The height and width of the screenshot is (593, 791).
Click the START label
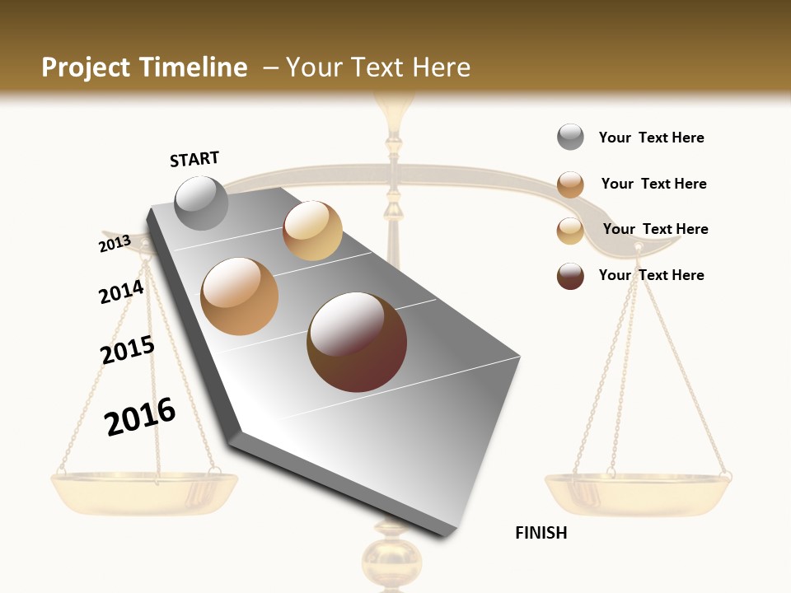194,159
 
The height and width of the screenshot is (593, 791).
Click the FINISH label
541,533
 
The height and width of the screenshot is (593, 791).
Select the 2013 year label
115,244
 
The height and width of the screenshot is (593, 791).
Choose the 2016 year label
140,416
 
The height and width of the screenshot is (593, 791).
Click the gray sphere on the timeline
201,203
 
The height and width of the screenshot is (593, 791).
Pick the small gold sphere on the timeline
312,231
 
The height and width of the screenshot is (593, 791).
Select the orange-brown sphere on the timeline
240,296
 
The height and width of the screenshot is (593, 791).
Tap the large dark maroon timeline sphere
357,342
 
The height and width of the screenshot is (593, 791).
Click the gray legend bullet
570,138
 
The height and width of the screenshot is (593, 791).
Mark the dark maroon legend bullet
570,276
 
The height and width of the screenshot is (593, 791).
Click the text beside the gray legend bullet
651,138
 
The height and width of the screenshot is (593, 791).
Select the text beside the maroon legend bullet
651,275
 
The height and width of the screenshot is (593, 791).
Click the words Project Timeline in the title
144,68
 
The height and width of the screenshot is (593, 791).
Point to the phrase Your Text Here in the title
378,68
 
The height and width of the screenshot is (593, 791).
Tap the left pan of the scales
144,490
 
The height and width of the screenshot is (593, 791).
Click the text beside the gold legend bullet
655,229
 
